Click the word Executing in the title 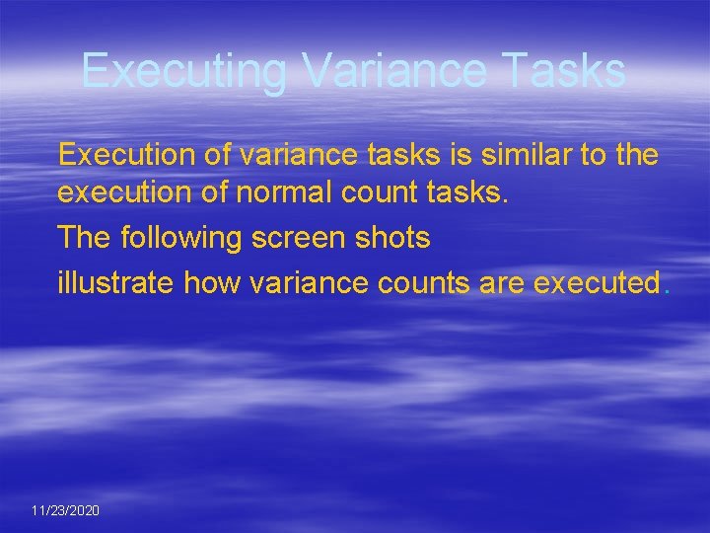click(x=184, y=71)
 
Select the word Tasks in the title click(x=565, y=71)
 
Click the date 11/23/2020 click(x=65, y=510)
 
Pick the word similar click(x=491, y=154)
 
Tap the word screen click(x=299, y=238)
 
